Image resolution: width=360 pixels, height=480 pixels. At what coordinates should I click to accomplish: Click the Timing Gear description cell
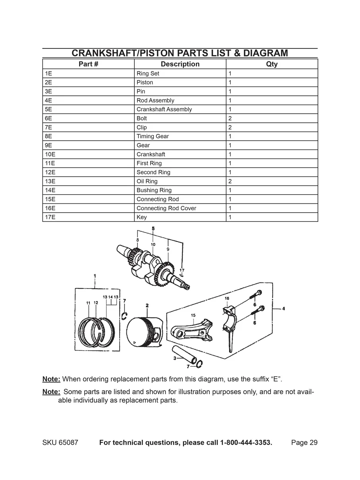tap(153, 136)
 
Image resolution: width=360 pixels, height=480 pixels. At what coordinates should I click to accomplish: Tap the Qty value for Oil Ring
tap(230, 181)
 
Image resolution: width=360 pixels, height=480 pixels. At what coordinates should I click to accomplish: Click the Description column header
tap(180, 64)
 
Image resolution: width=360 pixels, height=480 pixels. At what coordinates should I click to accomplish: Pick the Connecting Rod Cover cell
tap(166, 208)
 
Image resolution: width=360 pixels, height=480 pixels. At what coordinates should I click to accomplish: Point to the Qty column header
tap(272, 64)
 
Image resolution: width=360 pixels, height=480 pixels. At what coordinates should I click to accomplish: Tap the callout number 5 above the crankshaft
tap(153, 228)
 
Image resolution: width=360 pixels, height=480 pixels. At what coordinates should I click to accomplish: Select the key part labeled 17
tap(182, 275)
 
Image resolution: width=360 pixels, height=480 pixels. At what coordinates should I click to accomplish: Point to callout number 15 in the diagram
tap(193, 315)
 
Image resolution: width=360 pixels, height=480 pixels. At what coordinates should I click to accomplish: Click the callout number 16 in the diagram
tap(226, 298)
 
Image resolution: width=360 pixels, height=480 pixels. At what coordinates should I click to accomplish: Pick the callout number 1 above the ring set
tap(95, 275)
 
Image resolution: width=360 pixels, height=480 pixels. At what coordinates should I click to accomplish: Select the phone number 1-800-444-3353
tap(246, 443)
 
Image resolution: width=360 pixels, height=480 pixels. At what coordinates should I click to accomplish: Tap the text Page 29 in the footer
tap(304, 443)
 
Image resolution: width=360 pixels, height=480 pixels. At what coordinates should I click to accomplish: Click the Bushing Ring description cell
tap(154, 190)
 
